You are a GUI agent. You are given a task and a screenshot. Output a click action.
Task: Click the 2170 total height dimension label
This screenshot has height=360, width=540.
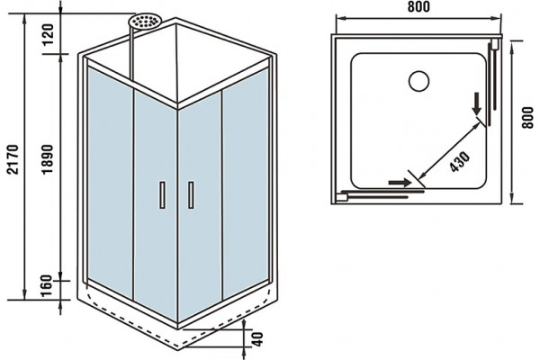click(13, 160)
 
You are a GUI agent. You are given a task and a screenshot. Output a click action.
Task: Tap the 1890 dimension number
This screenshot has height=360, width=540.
click(48, 159)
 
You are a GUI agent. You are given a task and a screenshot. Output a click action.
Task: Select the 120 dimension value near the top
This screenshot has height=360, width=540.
click(48, 34)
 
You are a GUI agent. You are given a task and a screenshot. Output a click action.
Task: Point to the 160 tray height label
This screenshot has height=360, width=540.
click(45, 285)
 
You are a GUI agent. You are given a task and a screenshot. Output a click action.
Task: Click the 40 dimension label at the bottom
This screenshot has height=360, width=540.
click(257, 339)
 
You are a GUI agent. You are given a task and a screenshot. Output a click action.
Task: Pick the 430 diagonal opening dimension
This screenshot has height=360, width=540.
click(459, 161)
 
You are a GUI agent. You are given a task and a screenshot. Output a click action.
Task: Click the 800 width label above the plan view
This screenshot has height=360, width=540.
click(418, 6)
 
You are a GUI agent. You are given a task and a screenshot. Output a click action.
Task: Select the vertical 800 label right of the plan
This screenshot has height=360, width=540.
click(526, 118)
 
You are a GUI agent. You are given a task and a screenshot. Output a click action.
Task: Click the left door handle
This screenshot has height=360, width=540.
click(163, 194)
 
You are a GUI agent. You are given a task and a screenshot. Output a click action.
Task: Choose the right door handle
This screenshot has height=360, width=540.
click(191, 194)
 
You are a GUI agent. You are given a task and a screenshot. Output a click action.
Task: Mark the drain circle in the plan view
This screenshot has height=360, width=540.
click(418, 81)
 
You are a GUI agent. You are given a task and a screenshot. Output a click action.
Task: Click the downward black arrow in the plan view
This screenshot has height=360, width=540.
click(477, 104)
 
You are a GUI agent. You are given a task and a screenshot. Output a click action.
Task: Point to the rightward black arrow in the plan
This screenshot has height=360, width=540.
click(400, 182)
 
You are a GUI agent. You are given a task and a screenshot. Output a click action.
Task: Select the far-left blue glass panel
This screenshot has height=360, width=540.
click(110, 183)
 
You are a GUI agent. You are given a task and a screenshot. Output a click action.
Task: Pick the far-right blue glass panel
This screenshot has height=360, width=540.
click(246, 184)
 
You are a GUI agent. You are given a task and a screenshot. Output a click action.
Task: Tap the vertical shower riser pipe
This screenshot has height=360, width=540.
click(130, 54)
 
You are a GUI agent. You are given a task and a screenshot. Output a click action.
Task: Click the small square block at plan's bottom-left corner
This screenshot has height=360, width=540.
click(342, 198)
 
